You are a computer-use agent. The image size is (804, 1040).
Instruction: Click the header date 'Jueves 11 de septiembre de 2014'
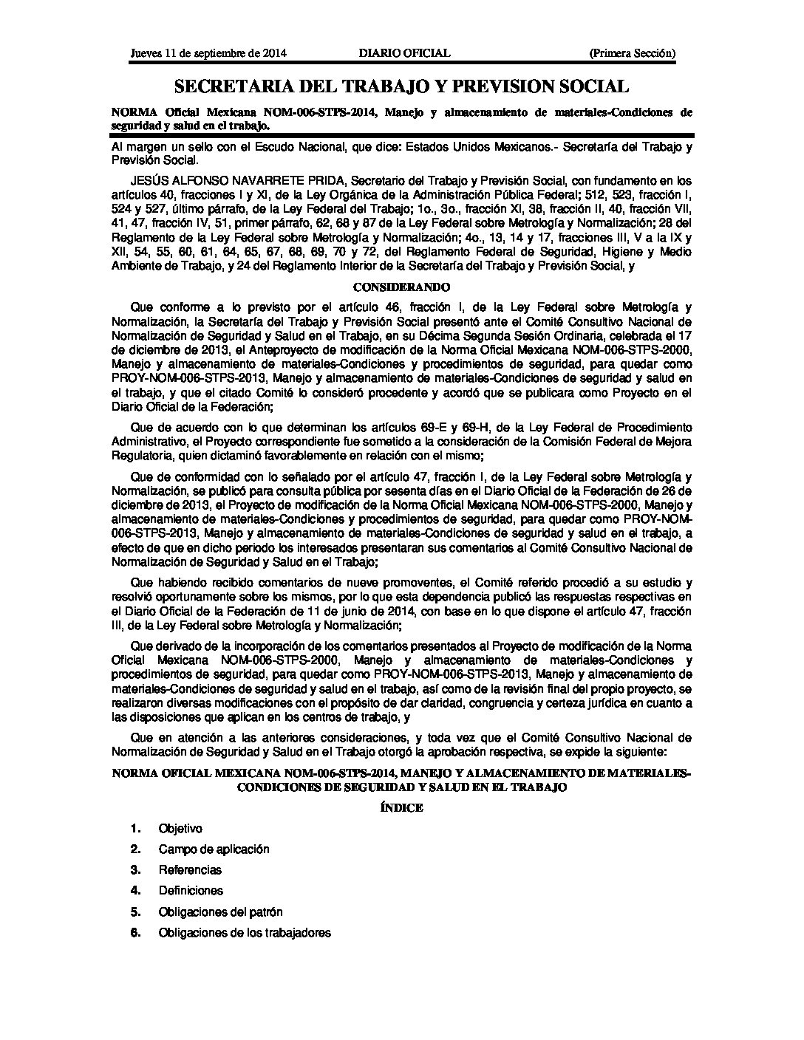pos(208,53)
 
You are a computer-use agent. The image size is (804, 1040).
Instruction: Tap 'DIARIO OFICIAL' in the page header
pos(403,53)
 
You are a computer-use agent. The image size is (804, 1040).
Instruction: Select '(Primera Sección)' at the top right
pos(632,53)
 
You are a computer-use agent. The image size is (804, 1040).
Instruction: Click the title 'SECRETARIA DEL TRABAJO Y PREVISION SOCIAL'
pos(401,86)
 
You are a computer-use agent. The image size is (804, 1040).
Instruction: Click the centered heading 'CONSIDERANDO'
pos(401,287)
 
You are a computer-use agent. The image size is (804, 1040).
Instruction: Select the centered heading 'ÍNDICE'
pos(401,807)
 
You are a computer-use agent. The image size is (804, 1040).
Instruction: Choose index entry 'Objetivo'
pos(180,829)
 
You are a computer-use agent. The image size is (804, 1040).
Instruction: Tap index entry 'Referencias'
pos(190,870)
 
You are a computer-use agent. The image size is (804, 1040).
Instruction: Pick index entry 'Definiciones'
pos(191,891)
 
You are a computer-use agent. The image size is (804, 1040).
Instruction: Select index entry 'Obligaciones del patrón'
pos(220,912)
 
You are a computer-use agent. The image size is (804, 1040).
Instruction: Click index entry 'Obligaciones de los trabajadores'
pos(245,933)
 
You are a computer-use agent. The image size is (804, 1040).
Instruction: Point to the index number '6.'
pos(135,933)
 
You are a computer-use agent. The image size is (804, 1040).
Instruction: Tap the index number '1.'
pos(135,829)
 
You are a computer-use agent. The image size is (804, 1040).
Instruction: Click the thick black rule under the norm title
pos(401,134)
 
